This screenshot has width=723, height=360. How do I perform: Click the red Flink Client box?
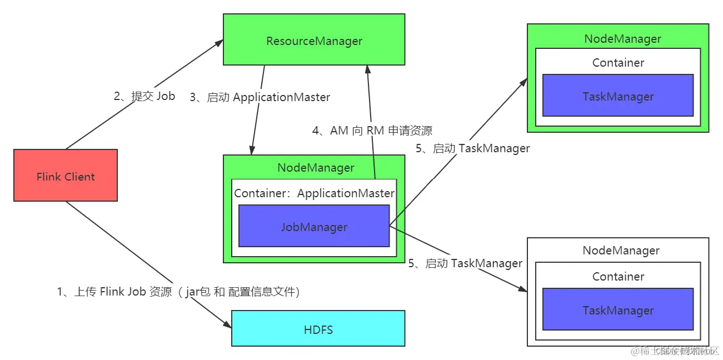click(x=66, y=176)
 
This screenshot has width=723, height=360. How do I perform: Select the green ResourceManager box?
click(x=314, y=41)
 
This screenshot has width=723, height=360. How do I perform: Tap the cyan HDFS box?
click(x=318, y=329)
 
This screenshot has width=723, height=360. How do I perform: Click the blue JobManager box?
click(x=314, y=226)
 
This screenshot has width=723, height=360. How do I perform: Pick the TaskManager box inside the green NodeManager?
click(x=618, y=96)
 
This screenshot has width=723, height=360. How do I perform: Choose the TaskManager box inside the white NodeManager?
click(x=618, y=309)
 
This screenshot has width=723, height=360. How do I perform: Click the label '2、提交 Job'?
click(x=144, y=96)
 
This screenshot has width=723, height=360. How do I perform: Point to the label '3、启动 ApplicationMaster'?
click(x=260, y=97)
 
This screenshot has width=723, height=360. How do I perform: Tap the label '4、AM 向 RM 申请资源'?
click(x=372, y=131)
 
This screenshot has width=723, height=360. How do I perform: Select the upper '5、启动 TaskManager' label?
click(x=473, y=148)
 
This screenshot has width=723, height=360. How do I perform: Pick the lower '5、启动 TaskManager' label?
click(x=465, y=263)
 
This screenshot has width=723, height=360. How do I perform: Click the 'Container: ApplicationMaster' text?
click(x=314, y=193)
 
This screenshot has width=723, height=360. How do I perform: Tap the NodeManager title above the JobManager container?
click(x=316, y=167)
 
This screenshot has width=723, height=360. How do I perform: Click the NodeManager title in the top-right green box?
click(x=622, y=39)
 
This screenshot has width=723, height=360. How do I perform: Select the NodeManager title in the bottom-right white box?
click(x=621, y=251)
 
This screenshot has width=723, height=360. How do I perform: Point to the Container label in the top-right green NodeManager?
click(x=618, y=63)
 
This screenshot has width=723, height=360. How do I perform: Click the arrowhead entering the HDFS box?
click(x=227, y=325)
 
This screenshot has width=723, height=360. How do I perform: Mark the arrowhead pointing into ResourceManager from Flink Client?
click(x=219, y=43)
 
